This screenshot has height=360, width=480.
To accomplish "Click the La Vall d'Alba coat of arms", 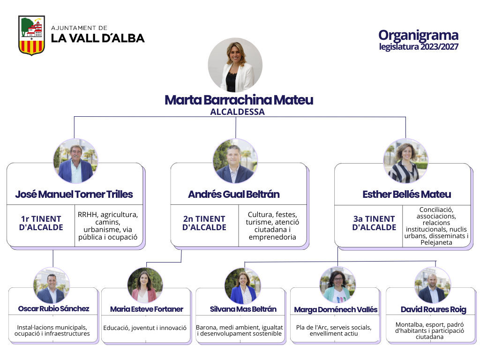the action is click(x=31, y=36).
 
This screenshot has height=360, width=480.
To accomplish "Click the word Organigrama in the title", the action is click(x=418, y=36).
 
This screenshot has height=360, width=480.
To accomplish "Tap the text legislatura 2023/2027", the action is click(x=419, y=47).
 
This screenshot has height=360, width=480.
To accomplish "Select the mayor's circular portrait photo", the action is click(x=235, y=65).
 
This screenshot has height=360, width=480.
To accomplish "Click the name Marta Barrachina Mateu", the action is click(x=239, y=100).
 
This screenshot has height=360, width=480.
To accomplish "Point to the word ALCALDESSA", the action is click(x=237, y=112).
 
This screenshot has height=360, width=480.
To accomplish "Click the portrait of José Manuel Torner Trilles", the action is click(x=75, y=161).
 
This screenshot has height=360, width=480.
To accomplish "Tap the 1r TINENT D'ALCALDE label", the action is click(x=41, y=223).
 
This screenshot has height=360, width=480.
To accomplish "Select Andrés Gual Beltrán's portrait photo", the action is click(x=235, y=161).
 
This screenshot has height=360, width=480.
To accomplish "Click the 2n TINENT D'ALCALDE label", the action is click(x=204, y=223).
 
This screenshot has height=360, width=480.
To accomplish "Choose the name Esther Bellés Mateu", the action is click(x=407, y=195).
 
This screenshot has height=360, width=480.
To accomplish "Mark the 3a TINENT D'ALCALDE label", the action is click(x=374, y=223).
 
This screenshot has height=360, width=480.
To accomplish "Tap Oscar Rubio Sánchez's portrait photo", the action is click(x=52, y=285).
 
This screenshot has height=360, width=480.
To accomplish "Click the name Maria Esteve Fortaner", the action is click(x=147, y=309).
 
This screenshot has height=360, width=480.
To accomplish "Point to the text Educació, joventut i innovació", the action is click(x=145, y=328).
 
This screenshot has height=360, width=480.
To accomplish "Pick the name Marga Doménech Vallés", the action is click(x=336, y=310).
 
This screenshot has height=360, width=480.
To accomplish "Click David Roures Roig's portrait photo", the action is click(x=433, y=285).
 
